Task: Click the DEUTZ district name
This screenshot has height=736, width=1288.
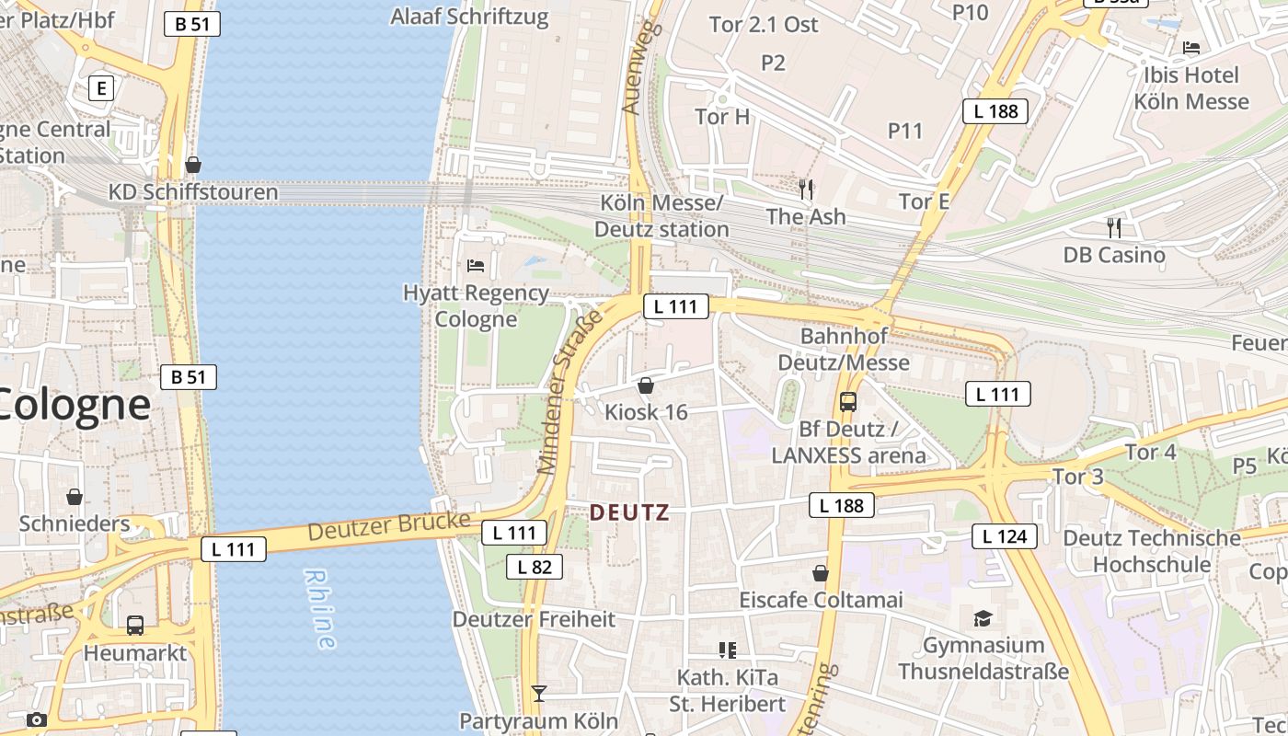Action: coord(629,512)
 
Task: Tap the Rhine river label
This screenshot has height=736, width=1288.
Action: coord(318,608)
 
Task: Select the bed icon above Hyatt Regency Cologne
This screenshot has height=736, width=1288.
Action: coord(476,266)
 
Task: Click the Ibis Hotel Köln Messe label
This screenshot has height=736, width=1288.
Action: coord(1191,88)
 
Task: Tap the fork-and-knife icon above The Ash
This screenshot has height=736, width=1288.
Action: coord(806,190)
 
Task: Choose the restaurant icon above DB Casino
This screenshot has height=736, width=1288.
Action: coord(1114,227)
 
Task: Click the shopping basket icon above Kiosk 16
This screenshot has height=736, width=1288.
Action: coord(646,385)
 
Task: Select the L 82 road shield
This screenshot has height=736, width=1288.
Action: coord(535,567)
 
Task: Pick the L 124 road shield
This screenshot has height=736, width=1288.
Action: coord(1005,536)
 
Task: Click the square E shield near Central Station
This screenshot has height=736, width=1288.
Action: coord(101,88)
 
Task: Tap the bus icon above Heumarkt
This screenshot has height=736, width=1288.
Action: coord(135,626)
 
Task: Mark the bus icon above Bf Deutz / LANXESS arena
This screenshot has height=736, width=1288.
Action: coord(848,402)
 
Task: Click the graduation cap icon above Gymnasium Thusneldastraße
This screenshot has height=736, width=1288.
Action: coord(983,617)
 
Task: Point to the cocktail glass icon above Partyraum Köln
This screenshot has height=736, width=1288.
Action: coord(539,693)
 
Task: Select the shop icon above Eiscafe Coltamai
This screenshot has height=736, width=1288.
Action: coord(821,574)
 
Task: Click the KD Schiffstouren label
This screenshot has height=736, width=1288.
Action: coord(193,192)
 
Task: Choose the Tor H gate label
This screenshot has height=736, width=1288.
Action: coord(722,117)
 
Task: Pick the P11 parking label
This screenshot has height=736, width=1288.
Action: coord(905,131)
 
